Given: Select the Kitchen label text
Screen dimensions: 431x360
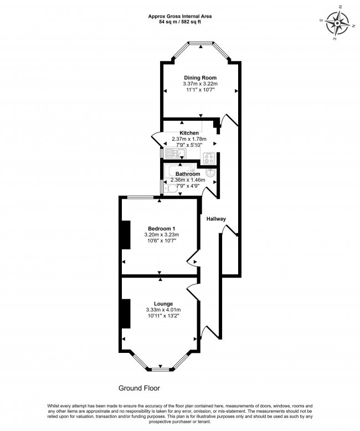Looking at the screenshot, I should pos(189,133).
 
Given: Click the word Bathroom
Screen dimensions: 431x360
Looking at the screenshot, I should pos(188,174).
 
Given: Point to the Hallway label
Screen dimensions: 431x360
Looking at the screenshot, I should pos(217,219).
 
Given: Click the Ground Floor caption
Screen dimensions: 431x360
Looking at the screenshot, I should pos(138,388).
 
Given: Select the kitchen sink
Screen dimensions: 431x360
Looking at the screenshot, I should pos(176,153).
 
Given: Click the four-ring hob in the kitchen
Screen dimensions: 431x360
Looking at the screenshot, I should pos(209,157).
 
